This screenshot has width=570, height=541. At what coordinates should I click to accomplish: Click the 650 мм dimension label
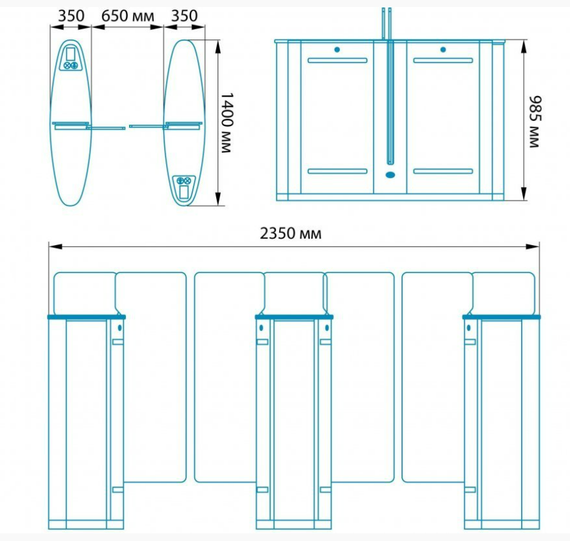coord(127,16)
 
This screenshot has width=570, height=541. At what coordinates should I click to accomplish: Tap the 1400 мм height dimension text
coord(227,122)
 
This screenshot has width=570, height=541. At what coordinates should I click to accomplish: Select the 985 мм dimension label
coord(535,122)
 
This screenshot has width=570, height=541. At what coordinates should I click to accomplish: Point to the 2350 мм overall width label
coord(291,234)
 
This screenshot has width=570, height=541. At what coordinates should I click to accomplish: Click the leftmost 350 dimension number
coord(71,16)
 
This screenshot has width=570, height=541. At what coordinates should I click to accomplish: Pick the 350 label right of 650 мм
coord(184,16)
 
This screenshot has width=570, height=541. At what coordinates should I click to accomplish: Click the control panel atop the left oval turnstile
coord(71,57)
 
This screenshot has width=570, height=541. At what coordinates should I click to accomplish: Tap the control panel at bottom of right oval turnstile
coord(184,188)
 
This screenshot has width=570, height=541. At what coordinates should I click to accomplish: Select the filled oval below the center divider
coord(390,175)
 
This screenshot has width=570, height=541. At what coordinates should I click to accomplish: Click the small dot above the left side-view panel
coord(337,50)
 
